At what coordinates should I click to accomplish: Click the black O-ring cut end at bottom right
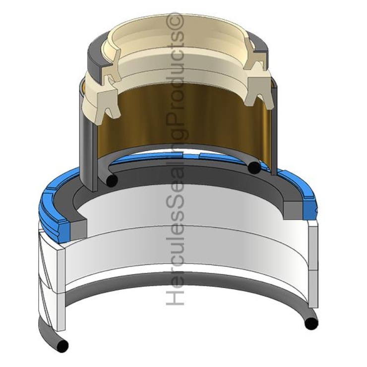tap(311, 323)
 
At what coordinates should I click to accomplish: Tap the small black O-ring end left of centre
tap(112, 181)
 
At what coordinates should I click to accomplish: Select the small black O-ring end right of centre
tap(254, 167)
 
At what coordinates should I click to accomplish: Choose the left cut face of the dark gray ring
tap(78, 229)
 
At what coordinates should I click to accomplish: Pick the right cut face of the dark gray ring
tap(293, 210)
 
